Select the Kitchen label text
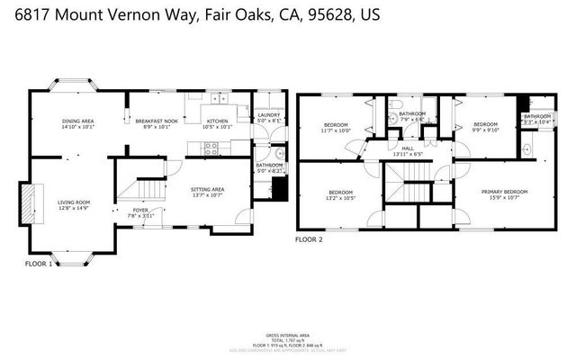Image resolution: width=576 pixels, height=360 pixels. (218, 124)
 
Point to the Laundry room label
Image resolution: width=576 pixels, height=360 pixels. (268, 117)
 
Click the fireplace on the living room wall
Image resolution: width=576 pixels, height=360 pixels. (29, 199)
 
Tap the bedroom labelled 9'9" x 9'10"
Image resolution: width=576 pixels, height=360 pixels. (486, 127)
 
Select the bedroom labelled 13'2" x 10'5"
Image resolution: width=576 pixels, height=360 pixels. (340, 194)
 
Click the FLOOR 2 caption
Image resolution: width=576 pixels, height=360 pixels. (309, 239)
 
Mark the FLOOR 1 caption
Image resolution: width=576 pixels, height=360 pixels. (38, 264)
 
